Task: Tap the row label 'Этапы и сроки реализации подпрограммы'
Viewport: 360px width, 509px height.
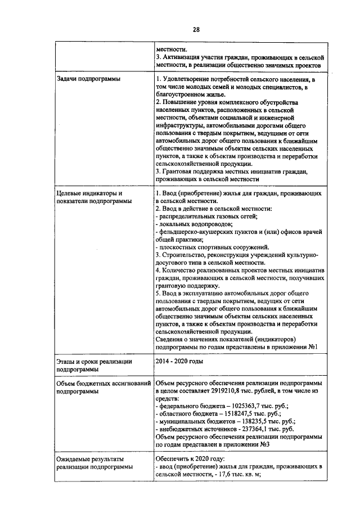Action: point(94,364)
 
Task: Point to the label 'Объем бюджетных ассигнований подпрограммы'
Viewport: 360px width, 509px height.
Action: point(104,386)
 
